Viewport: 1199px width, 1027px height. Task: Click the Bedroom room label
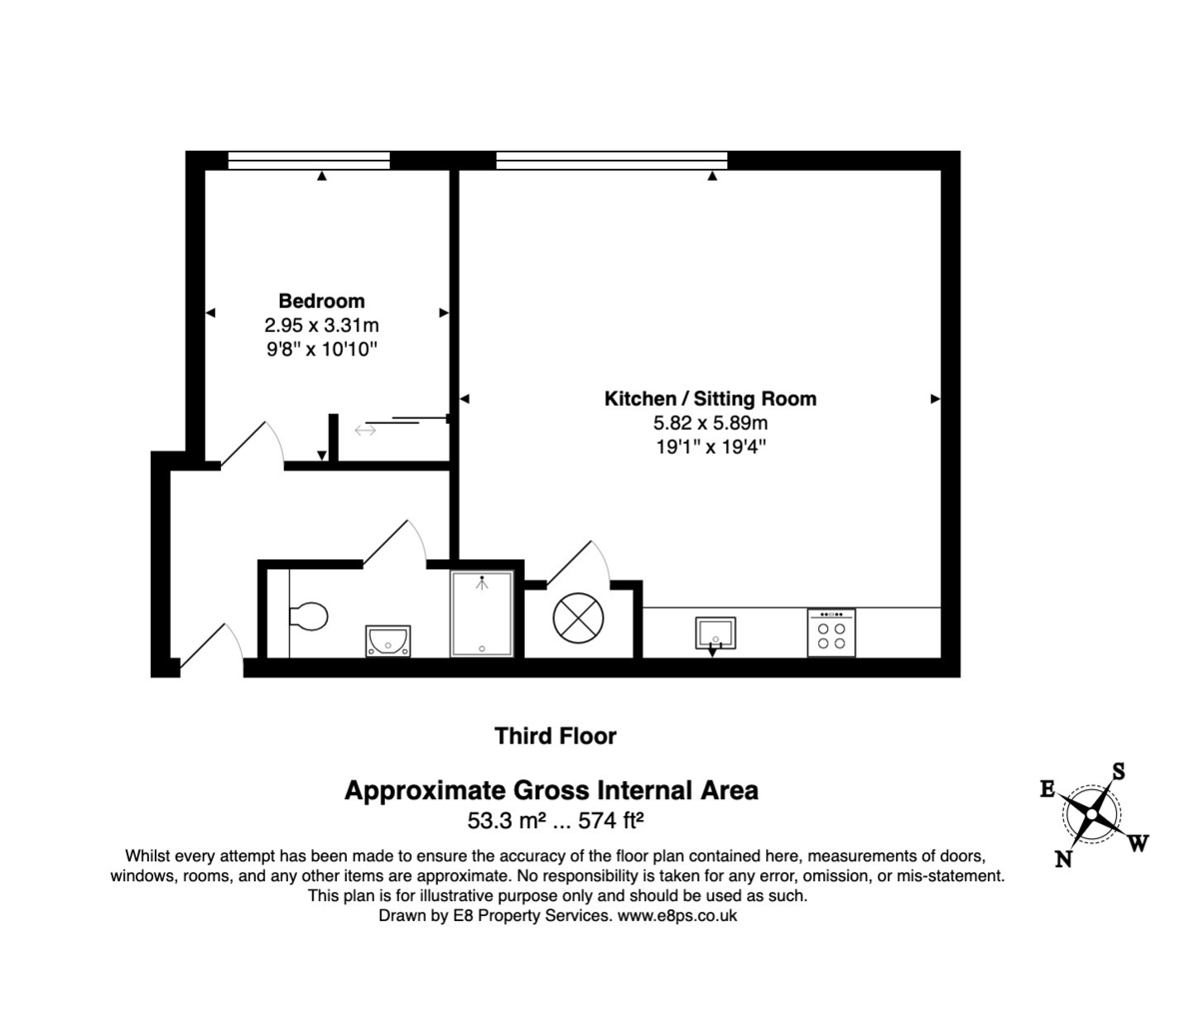click(x=321, y=301)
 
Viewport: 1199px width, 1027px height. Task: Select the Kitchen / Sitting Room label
click(x=710, y=399)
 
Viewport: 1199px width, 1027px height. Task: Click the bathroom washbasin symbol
click(x=388, y=639)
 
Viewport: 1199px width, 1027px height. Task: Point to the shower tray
click(x=482, y=613)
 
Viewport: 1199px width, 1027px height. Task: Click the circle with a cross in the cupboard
click(x=579, y=617)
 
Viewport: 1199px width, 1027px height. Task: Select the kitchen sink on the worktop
click(x=715, y=633)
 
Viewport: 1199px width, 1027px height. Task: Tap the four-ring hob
click(x=831, y=633)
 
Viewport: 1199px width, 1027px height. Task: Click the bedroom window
click(x=309, y=160)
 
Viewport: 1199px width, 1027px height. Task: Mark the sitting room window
click(x=611, y=160)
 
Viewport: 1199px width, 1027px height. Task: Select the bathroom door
click(x=396, y=542)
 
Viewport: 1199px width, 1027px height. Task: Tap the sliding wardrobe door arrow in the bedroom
click(x=365, y=430)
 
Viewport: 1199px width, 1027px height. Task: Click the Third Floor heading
click(x=556, y=736)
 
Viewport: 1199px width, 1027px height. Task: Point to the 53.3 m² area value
click(x=506, y=821)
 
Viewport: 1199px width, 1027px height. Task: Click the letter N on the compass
click(x=1064, y=858)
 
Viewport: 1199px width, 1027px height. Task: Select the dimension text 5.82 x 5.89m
click(x=710, y=423)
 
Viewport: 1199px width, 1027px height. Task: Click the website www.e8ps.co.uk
click(x=677, y=915)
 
